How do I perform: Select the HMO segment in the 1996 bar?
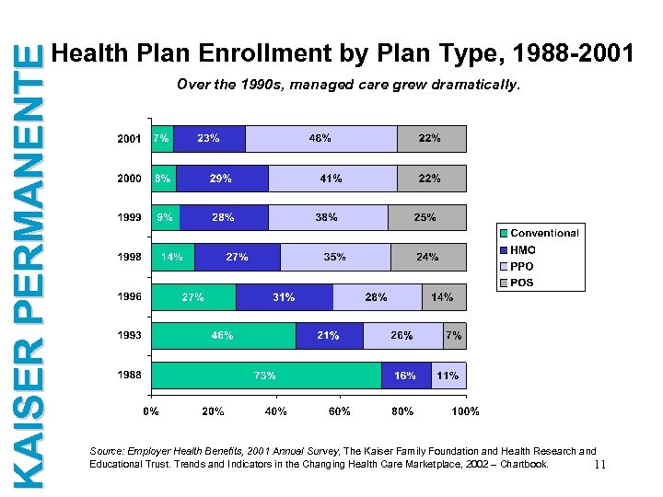coord(285,297)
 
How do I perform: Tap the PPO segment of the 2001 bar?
coord(320,139)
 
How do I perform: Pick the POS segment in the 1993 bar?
coord(454,336)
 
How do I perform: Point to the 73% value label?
coord(265,376)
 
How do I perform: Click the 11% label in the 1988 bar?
coord(448,376)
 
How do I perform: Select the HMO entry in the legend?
coord(523,250)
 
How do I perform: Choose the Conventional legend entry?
coord(544,234)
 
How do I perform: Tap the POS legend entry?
coord(522,283)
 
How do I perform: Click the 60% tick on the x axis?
coord(339,411)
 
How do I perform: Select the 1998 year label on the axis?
coord(129,258)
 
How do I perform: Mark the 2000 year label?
coord(129,178)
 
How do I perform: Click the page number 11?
coord(599,465)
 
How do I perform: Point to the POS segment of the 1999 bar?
coord(426,218)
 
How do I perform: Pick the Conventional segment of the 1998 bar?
coord(172,258)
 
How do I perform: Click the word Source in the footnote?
coord(105,452)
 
